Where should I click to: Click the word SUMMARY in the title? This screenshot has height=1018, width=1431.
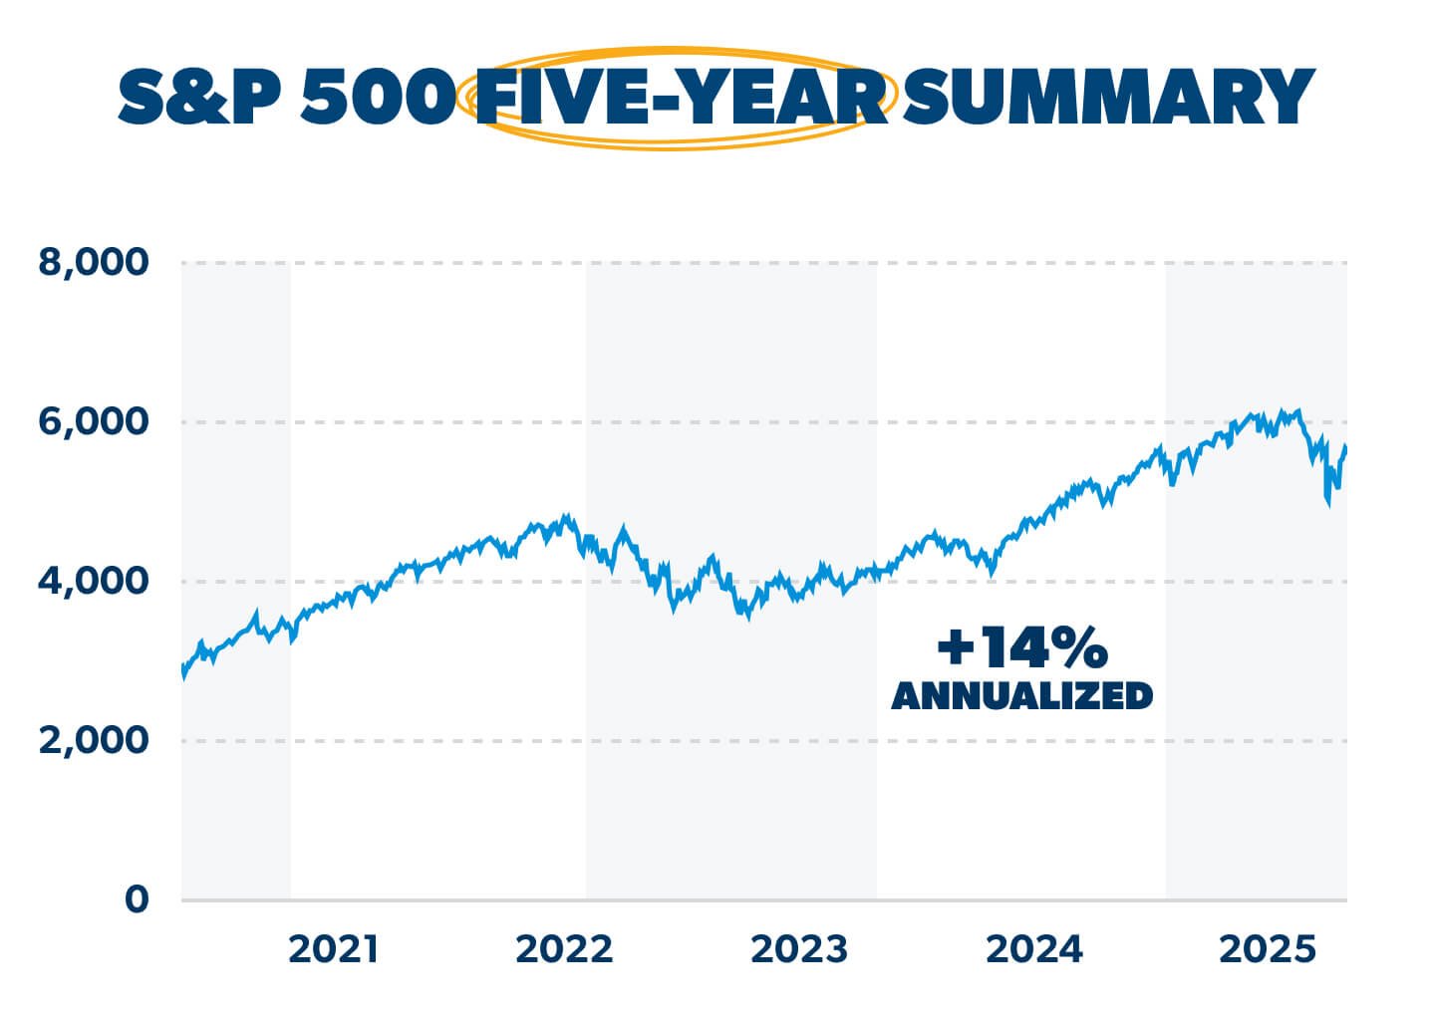coord(1107,97)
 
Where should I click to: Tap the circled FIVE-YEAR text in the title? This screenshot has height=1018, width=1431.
coord(680,98)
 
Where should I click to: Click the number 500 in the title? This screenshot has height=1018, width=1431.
coord(378,98)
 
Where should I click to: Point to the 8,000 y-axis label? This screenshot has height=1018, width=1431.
coord(93,263)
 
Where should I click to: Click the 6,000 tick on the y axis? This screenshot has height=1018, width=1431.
coord(93,422)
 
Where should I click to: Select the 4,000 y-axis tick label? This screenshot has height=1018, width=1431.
coord(93,581)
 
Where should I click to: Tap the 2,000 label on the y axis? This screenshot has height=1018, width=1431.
coord(93,740)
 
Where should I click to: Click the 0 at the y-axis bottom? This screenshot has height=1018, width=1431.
coord(136,899)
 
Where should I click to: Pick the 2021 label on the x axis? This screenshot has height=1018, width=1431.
coord(333,950)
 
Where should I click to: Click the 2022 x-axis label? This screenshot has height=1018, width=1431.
coord(564,950)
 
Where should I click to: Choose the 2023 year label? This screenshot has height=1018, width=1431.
coord(798,950)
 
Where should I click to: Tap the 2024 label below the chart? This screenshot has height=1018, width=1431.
coord(1033,950)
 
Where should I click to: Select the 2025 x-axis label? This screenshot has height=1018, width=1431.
coord(1268,950)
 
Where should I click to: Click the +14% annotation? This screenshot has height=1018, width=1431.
coord(1021,648)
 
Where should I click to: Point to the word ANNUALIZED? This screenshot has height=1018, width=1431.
coord(1021,695)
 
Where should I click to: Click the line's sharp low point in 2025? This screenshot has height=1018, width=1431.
coord(1328,504)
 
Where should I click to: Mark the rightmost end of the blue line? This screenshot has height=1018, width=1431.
coord(1345,448)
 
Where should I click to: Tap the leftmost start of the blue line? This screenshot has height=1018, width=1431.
coord(182,675)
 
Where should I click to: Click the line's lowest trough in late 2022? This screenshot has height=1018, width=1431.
coord(747,618)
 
